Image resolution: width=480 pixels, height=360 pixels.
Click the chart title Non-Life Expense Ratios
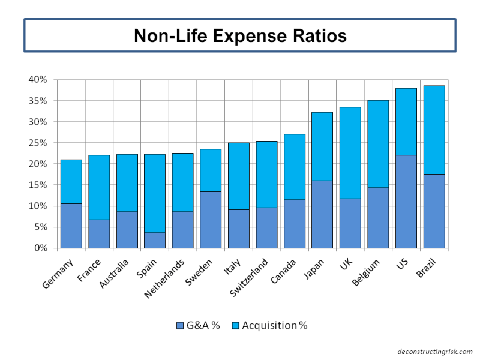[240, 35]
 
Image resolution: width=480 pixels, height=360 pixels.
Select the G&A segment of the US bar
[406, 202]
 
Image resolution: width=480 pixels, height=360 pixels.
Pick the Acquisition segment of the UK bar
[350, 153]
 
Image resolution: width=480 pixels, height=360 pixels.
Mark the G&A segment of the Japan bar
[322, 214]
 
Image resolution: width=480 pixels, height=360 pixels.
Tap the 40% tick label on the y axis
[37, 80]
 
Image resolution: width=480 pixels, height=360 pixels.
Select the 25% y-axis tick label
[37, 143]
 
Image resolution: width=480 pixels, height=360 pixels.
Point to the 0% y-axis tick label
[40, 248]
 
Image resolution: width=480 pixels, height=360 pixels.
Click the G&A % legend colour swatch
[180, 326]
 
